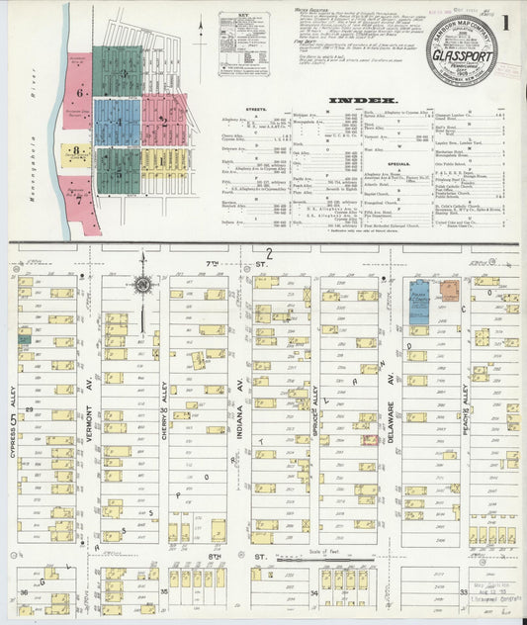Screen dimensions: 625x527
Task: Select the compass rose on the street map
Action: [x=142, y=285]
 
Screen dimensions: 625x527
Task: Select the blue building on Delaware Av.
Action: [x=419, y=307]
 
